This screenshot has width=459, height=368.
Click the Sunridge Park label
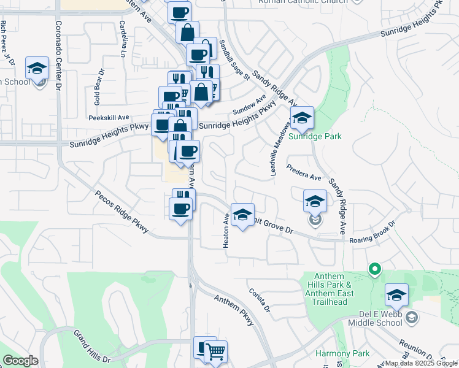coord(315,136)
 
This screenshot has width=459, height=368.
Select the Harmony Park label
coord(342,353)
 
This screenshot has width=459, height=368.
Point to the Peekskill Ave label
coord(109,117)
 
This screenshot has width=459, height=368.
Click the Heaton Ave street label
coord(226,230)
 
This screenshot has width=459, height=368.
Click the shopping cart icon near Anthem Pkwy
coord(215,353)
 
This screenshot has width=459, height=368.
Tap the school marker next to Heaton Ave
coord(242,215)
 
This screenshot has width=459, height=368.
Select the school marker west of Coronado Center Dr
coord(37,69)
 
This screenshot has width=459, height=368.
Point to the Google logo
coord(20,361)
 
